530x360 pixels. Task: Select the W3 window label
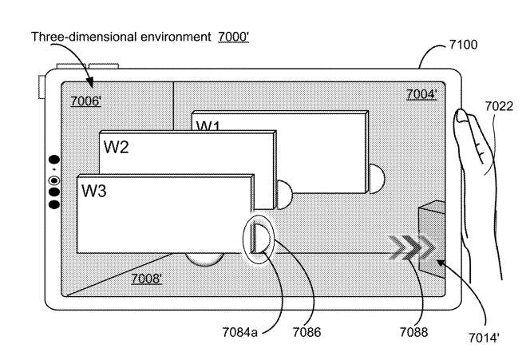point(95,191)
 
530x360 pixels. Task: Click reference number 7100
point(462,45)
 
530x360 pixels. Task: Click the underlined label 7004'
point(421,94)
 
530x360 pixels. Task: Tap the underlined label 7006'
point(85,101)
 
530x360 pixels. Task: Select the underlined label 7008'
point(147,279)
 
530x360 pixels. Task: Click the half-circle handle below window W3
point(204,259)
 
